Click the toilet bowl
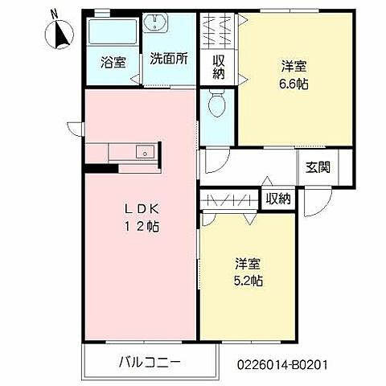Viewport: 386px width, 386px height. (216, 104)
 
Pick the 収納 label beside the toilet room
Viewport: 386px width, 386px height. (218, 67)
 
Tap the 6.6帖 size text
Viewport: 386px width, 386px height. (295, 82)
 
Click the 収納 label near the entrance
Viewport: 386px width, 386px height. (278, 198)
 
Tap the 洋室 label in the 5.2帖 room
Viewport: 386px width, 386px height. (248, 264)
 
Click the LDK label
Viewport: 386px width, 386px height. (139, 209)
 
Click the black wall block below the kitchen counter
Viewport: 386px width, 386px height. (96, 168)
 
